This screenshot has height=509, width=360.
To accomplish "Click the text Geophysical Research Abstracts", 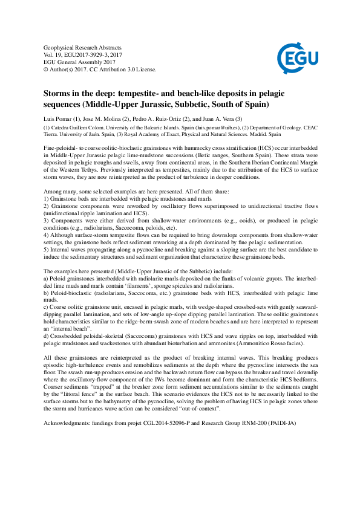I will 83,48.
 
